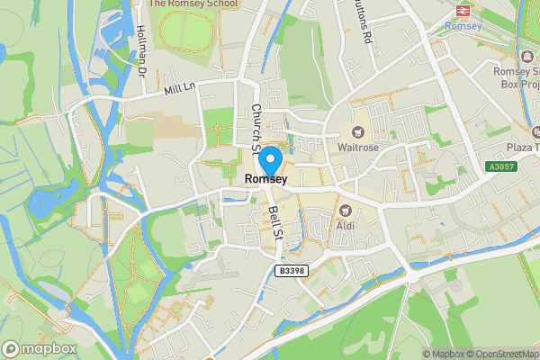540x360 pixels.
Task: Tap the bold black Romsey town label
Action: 265,180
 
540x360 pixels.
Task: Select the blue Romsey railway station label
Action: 463,25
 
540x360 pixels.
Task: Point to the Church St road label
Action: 256,126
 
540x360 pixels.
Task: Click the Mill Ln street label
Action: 180,88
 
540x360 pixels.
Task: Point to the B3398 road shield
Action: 292,271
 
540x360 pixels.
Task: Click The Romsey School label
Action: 193,4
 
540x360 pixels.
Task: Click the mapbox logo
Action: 38,348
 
